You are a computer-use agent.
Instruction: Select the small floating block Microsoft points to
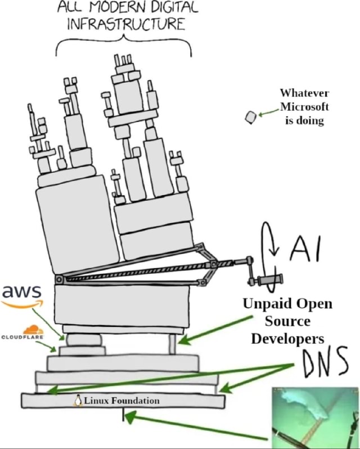point(251,116)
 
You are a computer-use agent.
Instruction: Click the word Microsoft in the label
point(304,107)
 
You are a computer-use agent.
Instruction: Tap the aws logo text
point(22,292)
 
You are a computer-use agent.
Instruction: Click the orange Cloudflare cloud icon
point(33,330)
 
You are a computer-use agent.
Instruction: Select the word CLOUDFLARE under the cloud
point(22,338)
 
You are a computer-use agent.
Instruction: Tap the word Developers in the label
point(287,339)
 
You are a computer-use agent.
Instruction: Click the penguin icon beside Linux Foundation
point(78,401)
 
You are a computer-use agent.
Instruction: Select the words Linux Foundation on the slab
point(121,401)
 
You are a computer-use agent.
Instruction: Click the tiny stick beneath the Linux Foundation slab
point(123,416)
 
